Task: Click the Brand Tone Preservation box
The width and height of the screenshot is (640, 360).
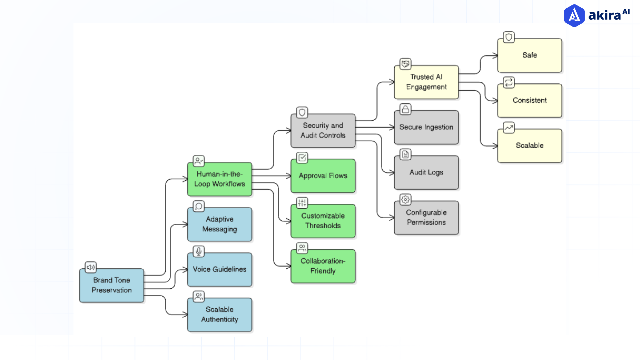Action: point(112,285)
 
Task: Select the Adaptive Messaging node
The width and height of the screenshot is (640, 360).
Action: point(219,224)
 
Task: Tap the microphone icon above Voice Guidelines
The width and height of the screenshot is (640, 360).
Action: point(199,251)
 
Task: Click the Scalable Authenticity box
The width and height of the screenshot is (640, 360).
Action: point(219,315)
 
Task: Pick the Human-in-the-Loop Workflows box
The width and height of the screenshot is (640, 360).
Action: point(219,179)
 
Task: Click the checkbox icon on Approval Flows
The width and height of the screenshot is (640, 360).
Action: point(302,157)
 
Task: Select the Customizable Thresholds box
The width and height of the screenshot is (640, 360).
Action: point(323,221)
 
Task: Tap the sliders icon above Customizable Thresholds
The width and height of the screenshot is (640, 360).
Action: point(302,203)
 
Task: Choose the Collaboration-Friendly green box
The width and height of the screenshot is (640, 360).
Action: point(323,266)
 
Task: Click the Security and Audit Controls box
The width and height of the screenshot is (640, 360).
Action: point(323,131)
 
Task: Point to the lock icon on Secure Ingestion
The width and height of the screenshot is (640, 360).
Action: point(405,109)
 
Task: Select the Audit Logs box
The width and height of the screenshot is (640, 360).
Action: point(426,172)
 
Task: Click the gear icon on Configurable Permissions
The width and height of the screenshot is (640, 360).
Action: point(405,199)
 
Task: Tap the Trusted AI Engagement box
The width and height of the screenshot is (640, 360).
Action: point(426,82)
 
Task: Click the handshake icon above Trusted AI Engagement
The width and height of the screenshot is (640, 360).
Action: point(405,64)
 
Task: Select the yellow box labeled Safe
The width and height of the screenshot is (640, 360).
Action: point(529,55)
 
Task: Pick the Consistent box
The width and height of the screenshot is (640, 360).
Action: point(529,100)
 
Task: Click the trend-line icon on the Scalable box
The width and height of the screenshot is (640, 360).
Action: point(509,127)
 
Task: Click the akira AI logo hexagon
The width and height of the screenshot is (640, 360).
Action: point(574,15)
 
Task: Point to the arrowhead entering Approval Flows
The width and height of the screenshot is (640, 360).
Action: point(289,176)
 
